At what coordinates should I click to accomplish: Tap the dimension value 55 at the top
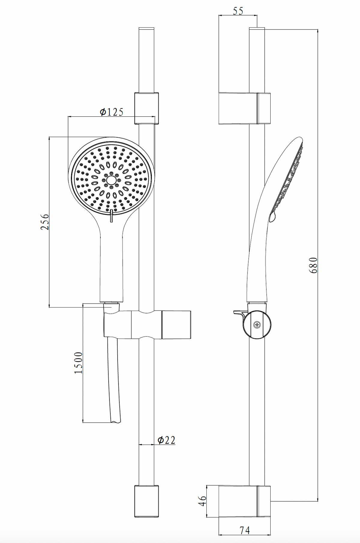[x=238, y=11]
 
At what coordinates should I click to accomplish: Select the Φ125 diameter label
[x=112, y=112]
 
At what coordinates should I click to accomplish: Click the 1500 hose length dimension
[x=78, y=363]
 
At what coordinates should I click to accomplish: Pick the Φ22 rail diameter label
[x=166, y=440]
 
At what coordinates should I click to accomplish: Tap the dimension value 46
[x=203, y=501]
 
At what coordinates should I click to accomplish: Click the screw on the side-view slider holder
[x=257, y=325]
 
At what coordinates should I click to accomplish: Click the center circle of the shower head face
[x=111, y=180]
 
